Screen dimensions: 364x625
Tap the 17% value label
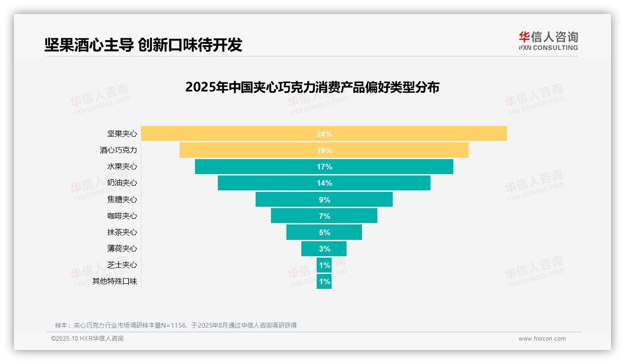(x=324, y=167)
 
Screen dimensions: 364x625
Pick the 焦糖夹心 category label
(x=122, y=199)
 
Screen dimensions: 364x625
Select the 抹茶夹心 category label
(x=122, y=232)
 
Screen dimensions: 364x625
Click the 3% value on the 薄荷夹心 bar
(x=324, y=249)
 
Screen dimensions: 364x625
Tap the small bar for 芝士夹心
(x=324, y=265)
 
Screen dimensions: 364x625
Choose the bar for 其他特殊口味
(x=324, y=281)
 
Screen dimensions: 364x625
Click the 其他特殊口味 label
(x=115, y=281)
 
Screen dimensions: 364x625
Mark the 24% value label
(x=324, y=134)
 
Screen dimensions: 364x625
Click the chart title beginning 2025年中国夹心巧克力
(x=312, y=87)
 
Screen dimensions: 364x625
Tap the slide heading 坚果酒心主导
(x=143, y=45)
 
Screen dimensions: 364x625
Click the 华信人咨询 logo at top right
(x=548, y=41)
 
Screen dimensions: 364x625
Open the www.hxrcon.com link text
(x=542, y=339)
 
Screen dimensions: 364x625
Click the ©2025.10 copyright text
(x=87, y=339)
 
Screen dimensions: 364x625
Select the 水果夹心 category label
(x=122, y=167)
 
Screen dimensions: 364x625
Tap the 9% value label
(x=324, y=200)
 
